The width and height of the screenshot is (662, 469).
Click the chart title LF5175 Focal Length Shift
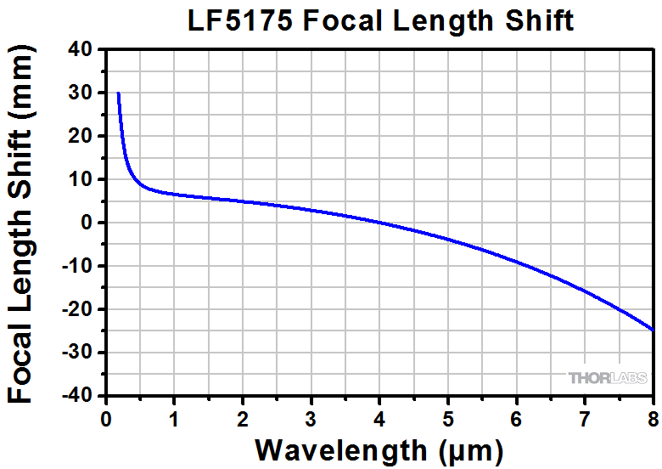[x=381, y=20]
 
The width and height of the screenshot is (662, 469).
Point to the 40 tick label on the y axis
[x=81, y=49]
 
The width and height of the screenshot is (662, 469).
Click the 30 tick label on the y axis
[x=81, y=93]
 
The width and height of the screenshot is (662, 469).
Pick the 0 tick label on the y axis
[x=87, y=223]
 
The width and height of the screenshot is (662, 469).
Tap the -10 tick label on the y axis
[x=77, y=266]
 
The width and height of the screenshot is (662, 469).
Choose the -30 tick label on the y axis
[x=77, y=353]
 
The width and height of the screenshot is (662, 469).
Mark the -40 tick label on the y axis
[x=77, y=396]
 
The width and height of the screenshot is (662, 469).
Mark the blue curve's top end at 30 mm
[x=118, y=93]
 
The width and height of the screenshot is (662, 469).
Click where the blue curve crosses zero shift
[x=379, y=223]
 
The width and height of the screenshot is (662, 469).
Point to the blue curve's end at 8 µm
[x=653, y=330]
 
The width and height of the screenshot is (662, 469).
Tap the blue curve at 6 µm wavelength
[x=517, y=263]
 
